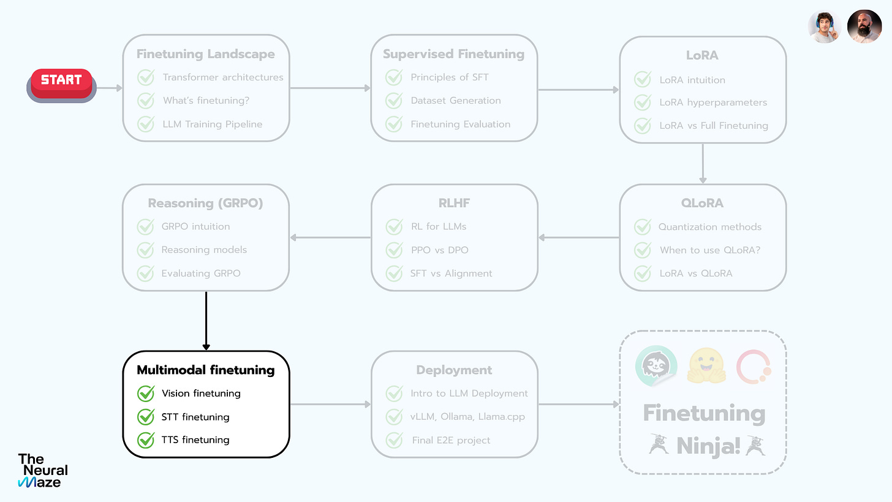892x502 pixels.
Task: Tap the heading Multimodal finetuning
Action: pyautogui.click(x=205, y=370)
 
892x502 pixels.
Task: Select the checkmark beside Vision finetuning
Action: pyautogui.click(x=146, y=394)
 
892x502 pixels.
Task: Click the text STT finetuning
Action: pyautogui.click(x=195, y=417)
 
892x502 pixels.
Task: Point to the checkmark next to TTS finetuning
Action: pyautogui.click(x=146, y=440)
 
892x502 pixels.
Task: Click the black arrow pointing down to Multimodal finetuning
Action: pyautogui.click(x=206, y=321)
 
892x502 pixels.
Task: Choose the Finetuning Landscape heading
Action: pyautogui.click(x=205, y=54)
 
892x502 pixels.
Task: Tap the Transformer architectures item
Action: pyautogui.click(x=223, y=77)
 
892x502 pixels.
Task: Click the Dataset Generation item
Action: pyautogui.click(x=456, y=101)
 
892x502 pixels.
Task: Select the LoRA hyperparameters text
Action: pyautogui.click(x=713, y=103)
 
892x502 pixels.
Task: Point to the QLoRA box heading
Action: pyautogui.click(x=702, y=203)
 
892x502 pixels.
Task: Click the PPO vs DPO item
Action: pyautogui.click(x=440, y=250)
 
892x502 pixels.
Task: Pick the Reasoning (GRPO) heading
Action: pyautogui.click(x=205, y=203)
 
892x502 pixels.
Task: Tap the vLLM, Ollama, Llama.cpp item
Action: pyautogui.click(x=467, y=417)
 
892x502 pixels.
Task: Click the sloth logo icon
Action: pyautogui.click(x=656, y=366)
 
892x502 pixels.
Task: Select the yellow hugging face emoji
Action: pyautogui.click(x=706, y=366)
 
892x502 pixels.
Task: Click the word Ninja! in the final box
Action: pyautogui.click(x=708, y=446)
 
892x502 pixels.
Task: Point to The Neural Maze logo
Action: pyautogui.click(x=43, y=471)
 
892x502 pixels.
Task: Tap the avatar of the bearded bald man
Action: pyautogui.click(x=864, y=26)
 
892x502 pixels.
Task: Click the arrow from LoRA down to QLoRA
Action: pyautogui.click(x=703, y=163)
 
